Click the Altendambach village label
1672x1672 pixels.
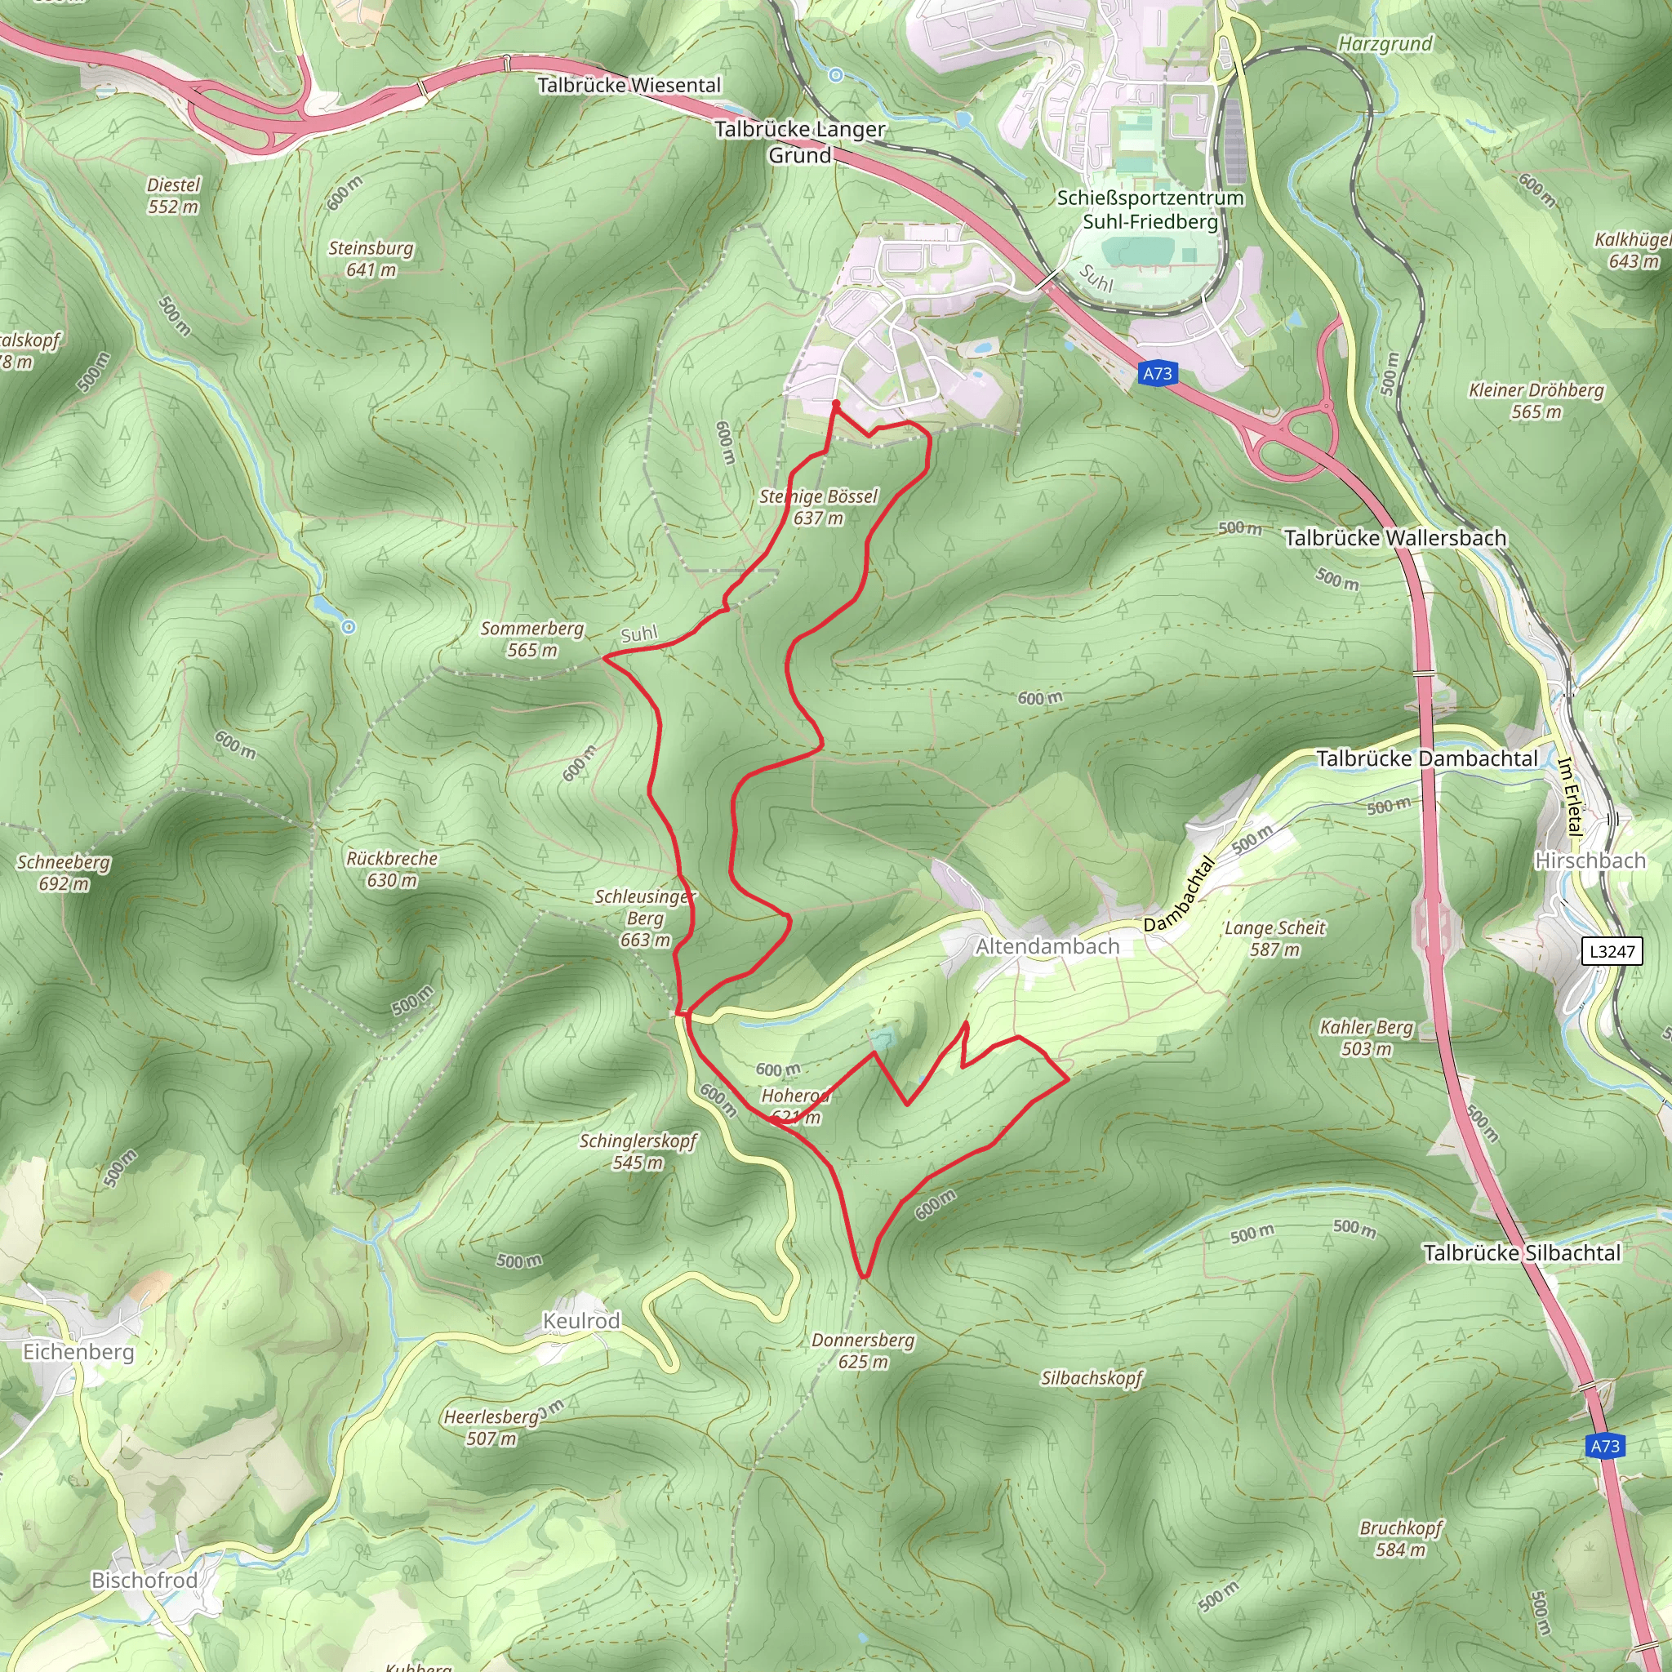[x=1047, y=947]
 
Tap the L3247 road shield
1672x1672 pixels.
[x=1612, y=952]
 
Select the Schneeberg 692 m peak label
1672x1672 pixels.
[x=64, y=873]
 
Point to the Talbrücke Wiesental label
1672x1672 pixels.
[x=629, y=85]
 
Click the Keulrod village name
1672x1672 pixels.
[x=581, y=1321]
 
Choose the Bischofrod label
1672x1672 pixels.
[x=145, y=1581]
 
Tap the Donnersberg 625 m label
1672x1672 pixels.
[x=863, y=1350]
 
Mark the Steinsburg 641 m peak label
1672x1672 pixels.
[x=371, y=259]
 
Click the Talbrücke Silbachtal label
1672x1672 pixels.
[x=1523, y=1252]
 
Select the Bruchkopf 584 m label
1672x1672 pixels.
[x=1401, y=1538]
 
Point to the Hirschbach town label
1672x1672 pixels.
[x=1590, y=860]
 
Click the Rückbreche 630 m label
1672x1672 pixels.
[x=392, y=869]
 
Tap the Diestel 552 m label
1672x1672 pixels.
[x=173, y=196]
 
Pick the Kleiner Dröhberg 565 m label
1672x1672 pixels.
[x=1536, y=401]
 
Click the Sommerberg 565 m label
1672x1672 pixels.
[x=532, y=638]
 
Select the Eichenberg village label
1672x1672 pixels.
[x=78, y=1352]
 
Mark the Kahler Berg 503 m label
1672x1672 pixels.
[x=1367, y=1038]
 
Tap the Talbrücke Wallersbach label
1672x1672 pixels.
[x=1395, y=537]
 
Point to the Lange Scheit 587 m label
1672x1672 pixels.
[x=1274, y=938]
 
